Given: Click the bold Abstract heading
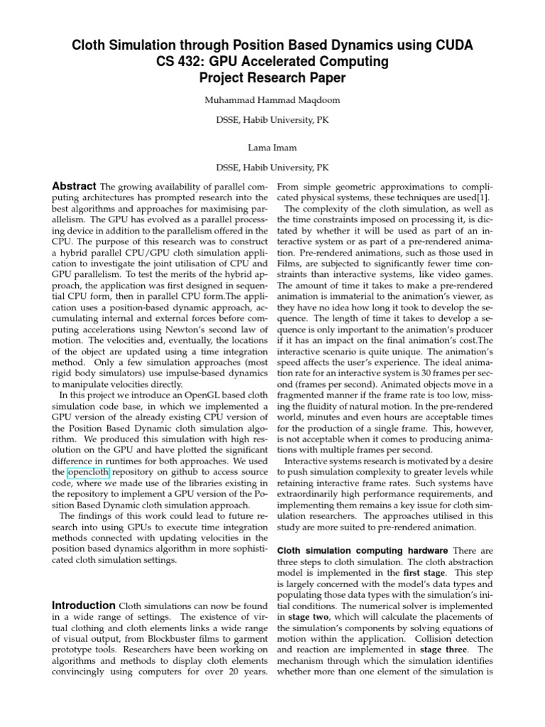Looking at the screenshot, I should pos(76,186).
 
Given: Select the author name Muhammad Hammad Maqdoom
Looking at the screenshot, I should pos(272,100).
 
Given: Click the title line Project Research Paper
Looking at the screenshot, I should pos(272,78).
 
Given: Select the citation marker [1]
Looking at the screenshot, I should pos(483,197).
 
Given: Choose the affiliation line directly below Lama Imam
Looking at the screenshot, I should pos(272,168).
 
